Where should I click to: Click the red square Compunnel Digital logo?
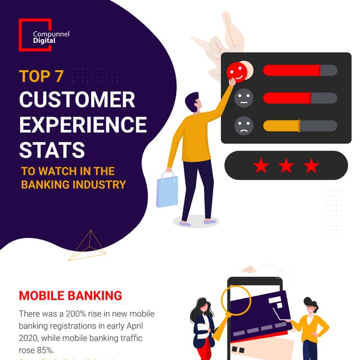(35, 35)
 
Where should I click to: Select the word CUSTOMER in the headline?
(77, 100)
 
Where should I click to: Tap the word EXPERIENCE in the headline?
(83, 124)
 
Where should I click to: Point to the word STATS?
(52, 150)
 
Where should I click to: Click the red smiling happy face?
(237, 71)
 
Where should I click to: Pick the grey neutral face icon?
(244, 98)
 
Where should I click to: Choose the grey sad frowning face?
(244, 125)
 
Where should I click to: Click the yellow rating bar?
(281, 125)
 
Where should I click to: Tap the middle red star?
(286, 165)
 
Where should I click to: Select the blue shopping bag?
(167, 190)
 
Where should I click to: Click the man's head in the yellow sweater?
(192, 102)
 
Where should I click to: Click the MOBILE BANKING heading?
(70, 295)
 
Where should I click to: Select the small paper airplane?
(248, 269)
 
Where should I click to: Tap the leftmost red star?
(260, 165)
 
